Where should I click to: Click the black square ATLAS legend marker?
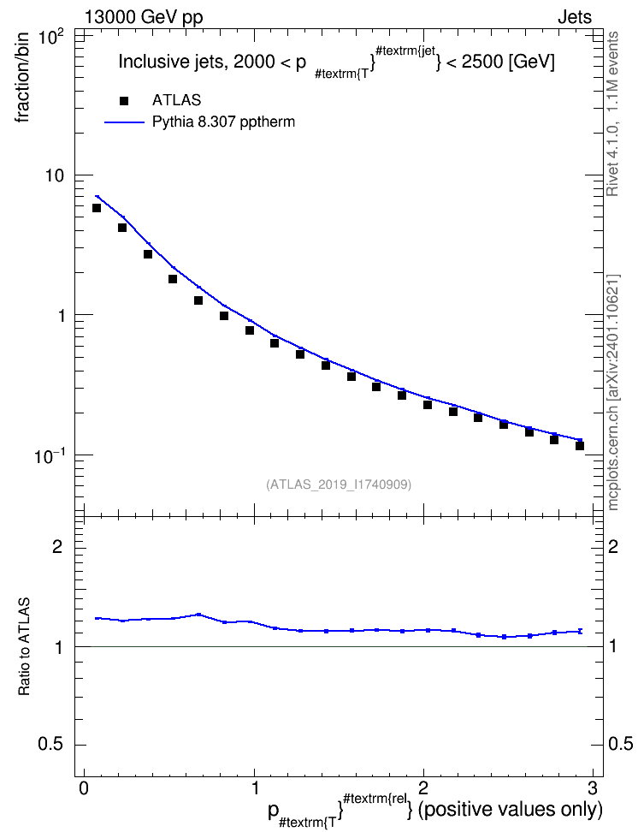124,101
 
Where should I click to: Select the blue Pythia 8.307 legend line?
124,122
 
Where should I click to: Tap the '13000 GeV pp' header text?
144,17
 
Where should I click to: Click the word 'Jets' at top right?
575,17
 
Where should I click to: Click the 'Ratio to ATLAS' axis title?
24,647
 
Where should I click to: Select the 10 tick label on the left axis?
54,175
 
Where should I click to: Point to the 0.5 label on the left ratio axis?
50,745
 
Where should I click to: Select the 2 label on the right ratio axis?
613,546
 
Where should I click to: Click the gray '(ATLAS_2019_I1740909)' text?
339,484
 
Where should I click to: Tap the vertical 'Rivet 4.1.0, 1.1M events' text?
613,114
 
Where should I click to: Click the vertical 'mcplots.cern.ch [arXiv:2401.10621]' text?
613,393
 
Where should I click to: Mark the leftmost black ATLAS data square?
97,208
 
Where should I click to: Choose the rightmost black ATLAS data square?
580,446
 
